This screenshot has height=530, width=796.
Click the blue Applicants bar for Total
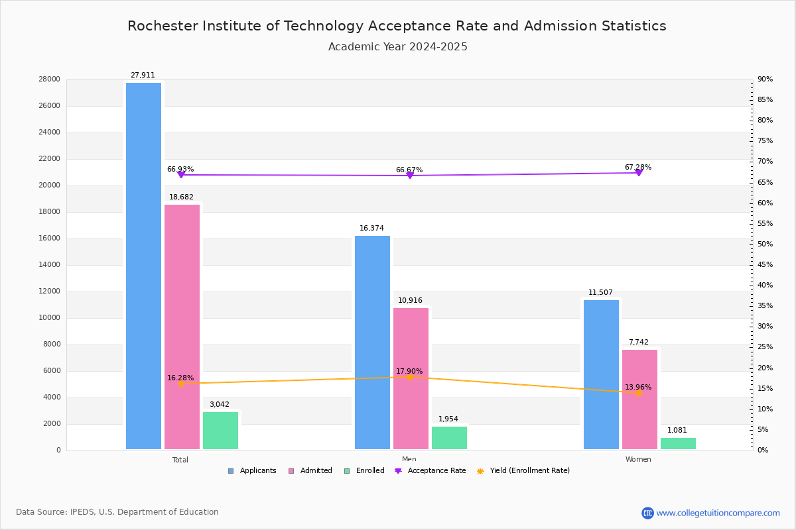click(143, 266)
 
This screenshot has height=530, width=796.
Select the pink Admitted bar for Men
click(411, 378)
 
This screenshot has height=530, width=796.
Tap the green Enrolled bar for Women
click(678, 443)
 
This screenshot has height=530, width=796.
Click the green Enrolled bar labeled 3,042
click(220, 431)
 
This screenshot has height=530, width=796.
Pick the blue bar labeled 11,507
click(601, 374)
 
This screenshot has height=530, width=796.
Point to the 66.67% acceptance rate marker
click(410, 176)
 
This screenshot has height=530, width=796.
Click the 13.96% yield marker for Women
click(639, 393)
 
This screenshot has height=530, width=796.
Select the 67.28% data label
click(637, 167)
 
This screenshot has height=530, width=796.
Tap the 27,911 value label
click(143, 76)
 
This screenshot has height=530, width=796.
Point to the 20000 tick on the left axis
click(50, 185)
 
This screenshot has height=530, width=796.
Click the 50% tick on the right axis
click(765, 244)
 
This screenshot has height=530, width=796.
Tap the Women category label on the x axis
click(638, 460)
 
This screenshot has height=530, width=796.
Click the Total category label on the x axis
click(180, 460)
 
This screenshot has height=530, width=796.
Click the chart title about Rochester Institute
click(397, 26)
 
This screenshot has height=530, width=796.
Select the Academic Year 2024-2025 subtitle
click(397, 47)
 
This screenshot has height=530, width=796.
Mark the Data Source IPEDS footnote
click(117, 512)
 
